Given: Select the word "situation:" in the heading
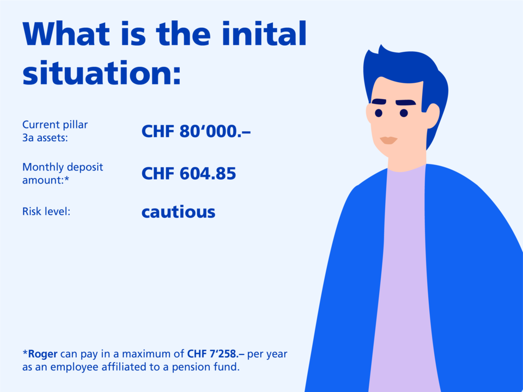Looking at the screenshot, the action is tap(102, 72).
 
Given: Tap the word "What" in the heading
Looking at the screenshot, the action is tap(66, 33).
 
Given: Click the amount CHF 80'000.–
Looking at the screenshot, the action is tap(196, 131).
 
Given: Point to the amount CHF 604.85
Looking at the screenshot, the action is tap(188, 173).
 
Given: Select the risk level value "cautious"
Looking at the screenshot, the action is tap(179, 212).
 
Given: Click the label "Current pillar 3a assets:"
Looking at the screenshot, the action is tap(55, 131).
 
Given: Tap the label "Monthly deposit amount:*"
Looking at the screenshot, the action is tap(63, 173).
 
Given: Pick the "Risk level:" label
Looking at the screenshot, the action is tap(46, 211).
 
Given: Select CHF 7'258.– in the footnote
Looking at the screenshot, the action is tap(216, 354).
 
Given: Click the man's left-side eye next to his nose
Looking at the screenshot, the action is tap(378, 113).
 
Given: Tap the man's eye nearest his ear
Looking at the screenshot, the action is tap(404, 113).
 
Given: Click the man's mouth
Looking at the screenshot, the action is tap(388, 140).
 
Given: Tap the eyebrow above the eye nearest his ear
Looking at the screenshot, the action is tap(405, 102).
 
